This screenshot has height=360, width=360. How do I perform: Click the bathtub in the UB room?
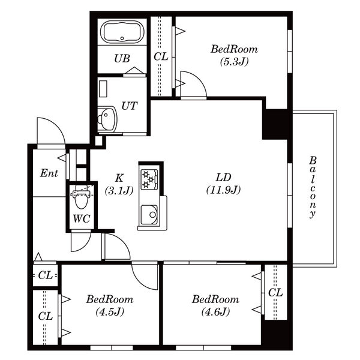[x=122, y=32]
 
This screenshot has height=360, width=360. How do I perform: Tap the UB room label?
[x=122, y=59]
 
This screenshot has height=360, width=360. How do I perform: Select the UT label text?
[x=129, y=106]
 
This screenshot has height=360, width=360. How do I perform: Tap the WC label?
[x=81, y=218]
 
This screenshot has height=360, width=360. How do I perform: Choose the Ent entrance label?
[x=49, y=173]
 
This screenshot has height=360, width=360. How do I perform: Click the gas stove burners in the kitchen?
[x=148, y=178]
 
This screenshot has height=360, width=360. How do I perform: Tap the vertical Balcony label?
[x=312, y=187]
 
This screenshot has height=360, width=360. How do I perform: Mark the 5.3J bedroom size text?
[x=234, y=61]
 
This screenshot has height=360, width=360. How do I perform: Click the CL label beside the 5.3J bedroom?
[x=160, y=56]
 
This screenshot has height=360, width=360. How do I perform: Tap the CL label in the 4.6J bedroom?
[x=275, y=292]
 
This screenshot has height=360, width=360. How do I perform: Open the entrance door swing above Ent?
[x=49, y=131]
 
